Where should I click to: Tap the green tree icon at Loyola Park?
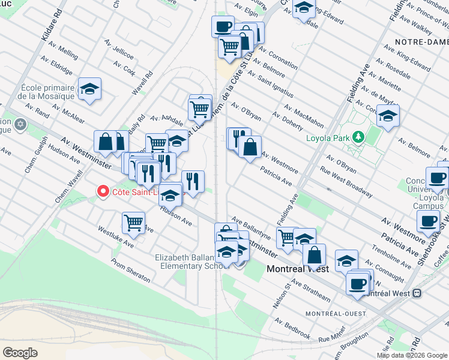pyautogui.click(x=359, y=137)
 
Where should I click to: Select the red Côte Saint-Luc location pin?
pyautogui.click(x=103, y=192)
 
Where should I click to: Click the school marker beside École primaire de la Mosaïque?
pyautogui.click(x=89, y=89)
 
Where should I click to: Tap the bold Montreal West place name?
pyautogui.click(x=297, y=269)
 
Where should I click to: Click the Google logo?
pyautogui.click(x=20, y=353)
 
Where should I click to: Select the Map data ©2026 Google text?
pyautogui.click(x=411, y=355)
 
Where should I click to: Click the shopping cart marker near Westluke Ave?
pyautogui.click(x=133, y=223)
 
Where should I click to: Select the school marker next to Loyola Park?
pyautogui.click(x=388, y=115)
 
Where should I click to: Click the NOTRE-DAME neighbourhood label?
pyautogui.click(x=421, y=42)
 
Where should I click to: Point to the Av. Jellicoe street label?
pyautogui.click(x=119, y=50)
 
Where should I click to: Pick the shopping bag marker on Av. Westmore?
pyautogui.click(x=250, y=146)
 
